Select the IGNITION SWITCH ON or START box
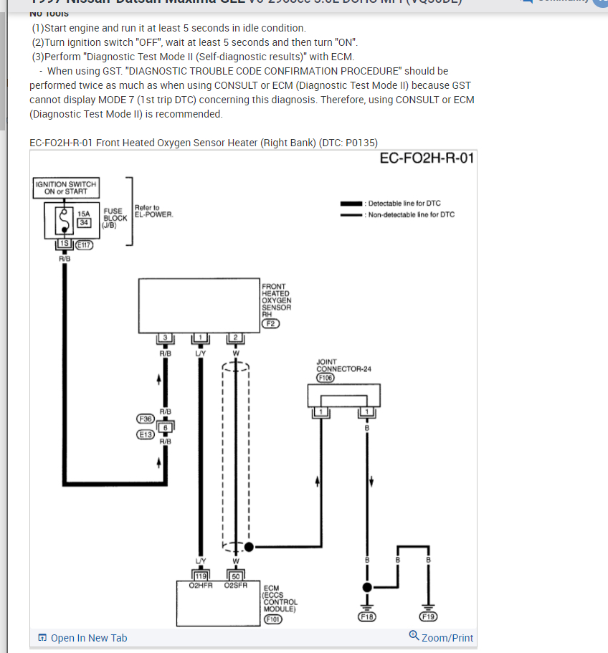pos(65,188)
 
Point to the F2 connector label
pos(271,323)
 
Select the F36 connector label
pos(146,418)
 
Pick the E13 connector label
pos(146,434)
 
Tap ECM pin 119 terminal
pos(200,575)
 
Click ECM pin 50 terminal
pos(235,575)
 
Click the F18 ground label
pos(367,616)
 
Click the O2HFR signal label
pos(200,585)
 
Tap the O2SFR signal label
pos(235,585)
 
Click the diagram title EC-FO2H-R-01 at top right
pos(427,158)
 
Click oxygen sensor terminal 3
pos(165,338)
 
